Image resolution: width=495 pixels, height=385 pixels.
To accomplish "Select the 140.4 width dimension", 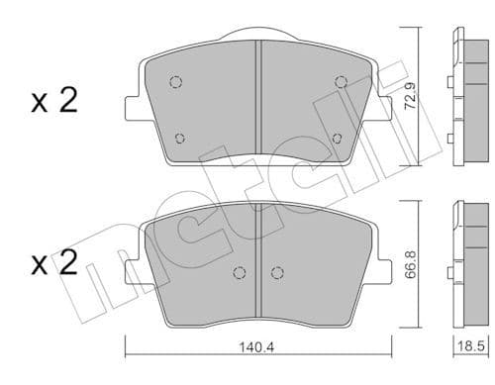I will coord(259,347).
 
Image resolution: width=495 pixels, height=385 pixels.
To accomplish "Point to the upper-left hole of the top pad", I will coord(175,82).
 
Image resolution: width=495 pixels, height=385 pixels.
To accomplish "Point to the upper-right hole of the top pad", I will coord(340,82).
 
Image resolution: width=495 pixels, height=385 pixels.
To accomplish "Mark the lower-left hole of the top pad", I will coord(179,138).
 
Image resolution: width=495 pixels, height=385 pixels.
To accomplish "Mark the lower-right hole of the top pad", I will coord(337,138).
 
